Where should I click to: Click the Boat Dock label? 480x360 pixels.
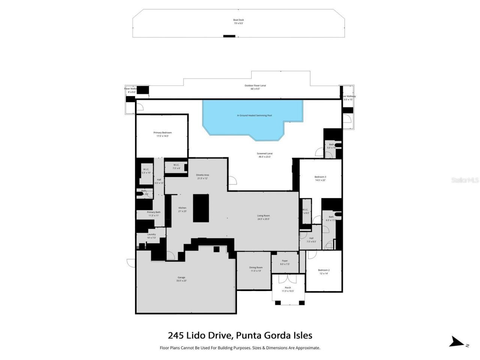pyautogui.click(x=238, y=21)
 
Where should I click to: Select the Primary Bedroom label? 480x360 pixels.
pyautogui.click(x=162, y=134)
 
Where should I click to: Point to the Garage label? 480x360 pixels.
pyautogui.click(x=181, y=279)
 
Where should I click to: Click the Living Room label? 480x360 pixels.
pyautogui.click(x=263, y=217)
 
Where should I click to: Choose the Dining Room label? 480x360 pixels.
pyautogui.click(x=256, y=269)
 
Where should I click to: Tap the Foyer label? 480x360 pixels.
pyautogui.click(x=285, y=262)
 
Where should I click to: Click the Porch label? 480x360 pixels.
pyautogui.click(x=288, y=289)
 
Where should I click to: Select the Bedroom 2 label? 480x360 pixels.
pyautogui.click(x=324, y=271)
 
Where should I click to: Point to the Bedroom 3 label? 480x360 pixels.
pyautogui.click(x=320, y=178)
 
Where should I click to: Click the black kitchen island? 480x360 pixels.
pyautogui.click(x=201, y=208)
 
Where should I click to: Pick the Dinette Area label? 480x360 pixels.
pyautogui.click(x=202, y=176)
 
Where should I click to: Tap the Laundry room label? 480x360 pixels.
pyautogui.click(x=151, y=235)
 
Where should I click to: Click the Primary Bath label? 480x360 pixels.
pyautogui.click(x=153, y=214)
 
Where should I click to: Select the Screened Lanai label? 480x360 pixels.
pyautogui.click(x=264, y=155)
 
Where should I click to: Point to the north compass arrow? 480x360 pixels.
pyautogui.click(x=457, y=342)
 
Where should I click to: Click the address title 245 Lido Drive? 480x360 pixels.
pyautogui.click(x=240, y=335)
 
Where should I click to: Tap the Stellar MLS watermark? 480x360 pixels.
pyautogui.click(x=465, y=180)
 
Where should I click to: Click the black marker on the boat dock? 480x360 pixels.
pyautogui.click(x=229, y=36)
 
